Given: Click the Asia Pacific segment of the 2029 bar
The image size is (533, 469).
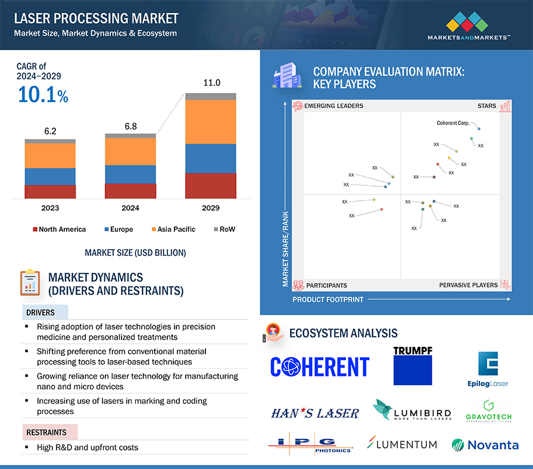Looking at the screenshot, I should click(210, 122).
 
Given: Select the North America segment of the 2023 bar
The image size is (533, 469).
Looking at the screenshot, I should click(50, 191).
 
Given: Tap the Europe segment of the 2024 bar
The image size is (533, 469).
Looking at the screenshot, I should click(130, 174).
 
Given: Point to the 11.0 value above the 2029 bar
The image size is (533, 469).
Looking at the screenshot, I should click(211, 83).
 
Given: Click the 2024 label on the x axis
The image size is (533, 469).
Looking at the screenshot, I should click(130, 208).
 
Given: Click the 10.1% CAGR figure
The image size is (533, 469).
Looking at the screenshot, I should click(43, 95).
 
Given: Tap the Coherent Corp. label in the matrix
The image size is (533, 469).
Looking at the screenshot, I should click(453, 123).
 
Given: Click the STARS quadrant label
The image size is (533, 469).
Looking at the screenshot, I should click(487, 106).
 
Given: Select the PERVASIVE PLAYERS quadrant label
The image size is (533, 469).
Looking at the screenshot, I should click(468, 285).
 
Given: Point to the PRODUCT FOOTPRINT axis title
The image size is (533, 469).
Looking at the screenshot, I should click(328, 300).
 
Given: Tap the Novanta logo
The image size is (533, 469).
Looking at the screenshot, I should click(485, 445).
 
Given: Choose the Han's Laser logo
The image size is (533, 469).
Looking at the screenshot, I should click(314, 413).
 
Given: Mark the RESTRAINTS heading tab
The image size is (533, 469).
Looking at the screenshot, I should click(46, 432).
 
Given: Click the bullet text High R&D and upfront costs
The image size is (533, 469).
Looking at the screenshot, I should click(87, 447).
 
